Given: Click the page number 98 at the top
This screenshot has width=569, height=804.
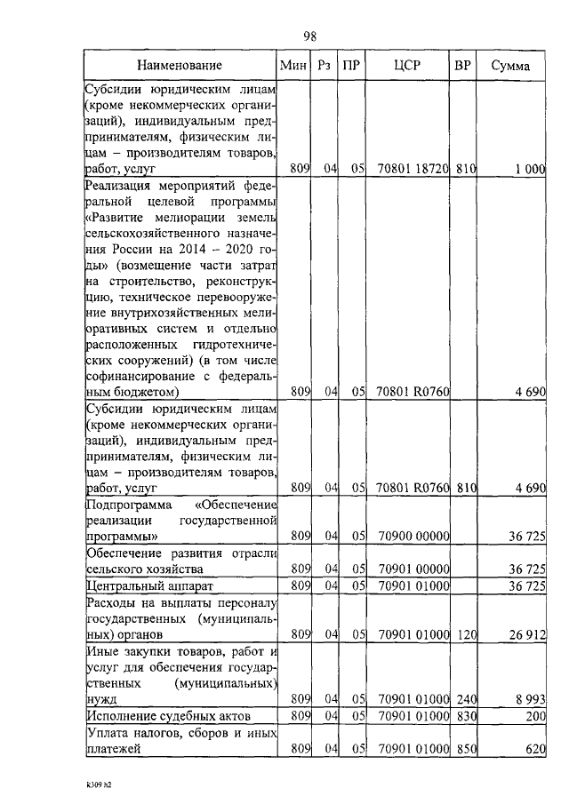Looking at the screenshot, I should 310,36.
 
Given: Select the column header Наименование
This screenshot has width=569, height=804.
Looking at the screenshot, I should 180,66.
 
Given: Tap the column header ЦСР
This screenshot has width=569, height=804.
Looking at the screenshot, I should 409,66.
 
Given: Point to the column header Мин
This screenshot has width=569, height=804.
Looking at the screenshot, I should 293,66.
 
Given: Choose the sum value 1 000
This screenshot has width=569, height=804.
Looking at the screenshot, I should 530,168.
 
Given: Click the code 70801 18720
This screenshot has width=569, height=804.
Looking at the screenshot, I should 412,168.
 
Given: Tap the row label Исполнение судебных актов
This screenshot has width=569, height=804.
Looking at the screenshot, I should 168,715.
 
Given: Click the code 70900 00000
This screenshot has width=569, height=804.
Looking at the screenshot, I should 412,537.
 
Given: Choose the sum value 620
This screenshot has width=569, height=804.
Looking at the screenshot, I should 533,749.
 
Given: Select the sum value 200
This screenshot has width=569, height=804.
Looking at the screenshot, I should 533,715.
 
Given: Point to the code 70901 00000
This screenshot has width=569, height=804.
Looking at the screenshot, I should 412,569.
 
